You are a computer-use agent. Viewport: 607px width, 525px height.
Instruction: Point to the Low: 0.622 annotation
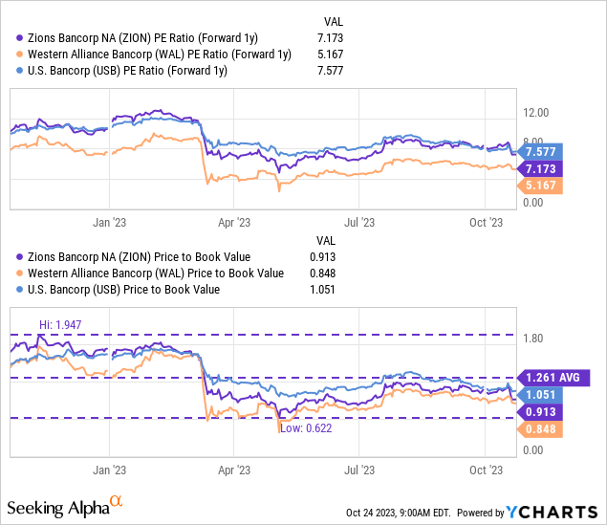[x=305, y=429]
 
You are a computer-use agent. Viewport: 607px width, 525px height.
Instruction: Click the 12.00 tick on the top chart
[x=533, y=111]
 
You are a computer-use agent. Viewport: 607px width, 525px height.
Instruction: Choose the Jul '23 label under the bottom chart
[x=358, y=470]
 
